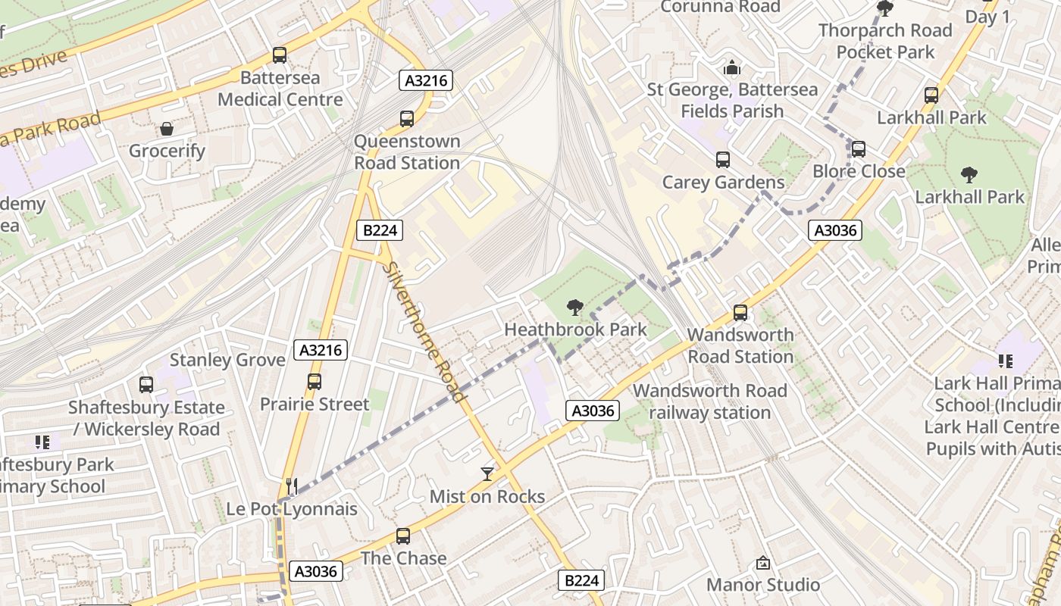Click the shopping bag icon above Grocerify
point(166,129)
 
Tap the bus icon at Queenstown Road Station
point(407,119)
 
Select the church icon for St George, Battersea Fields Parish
point(731,68)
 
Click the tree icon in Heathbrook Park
point(575,307)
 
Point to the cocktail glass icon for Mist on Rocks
point(487,474)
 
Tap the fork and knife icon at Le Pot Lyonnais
point(291,486)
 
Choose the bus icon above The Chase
point(403,536)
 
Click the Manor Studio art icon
point(762,564)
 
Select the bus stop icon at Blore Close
point(858,149)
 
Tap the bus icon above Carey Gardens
point(723,160)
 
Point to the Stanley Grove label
point(227,360)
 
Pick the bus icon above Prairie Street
point(315,382)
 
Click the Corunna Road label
point(720,7)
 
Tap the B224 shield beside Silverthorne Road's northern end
point(379,230)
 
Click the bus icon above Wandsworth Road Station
point(740,313)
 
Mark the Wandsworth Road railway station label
point(710,401)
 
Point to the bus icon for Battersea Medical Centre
point(280,55)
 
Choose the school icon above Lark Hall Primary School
point(1005,361)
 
